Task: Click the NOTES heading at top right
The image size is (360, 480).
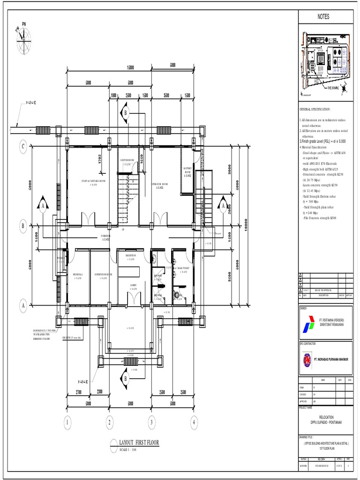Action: [323, 17]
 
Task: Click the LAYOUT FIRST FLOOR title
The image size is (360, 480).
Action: [139, 442]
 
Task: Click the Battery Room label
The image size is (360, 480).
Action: [187, 172]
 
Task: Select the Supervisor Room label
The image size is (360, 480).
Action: [103, 276]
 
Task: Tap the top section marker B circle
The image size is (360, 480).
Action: [125, 112]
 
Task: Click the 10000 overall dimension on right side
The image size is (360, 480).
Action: [246, 226]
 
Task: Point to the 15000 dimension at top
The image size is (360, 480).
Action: [130, 67]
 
